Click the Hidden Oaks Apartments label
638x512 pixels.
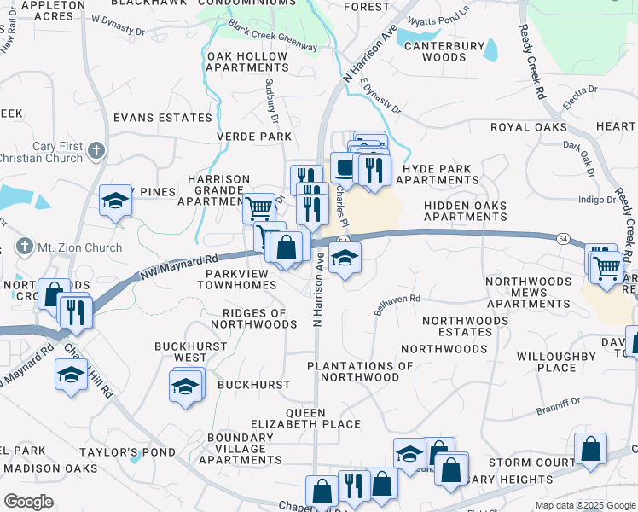(x=466, y=211)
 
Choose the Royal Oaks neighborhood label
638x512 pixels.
(x=529, y=127)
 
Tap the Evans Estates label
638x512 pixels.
(x=162, y=117)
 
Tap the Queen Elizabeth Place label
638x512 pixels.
(x=312, y=418)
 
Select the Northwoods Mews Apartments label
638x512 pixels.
(x=528, y=292)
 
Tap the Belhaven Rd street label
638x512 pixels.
(x=397, y=305)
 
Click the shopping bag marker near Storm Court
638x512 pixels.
(x=590, y=450)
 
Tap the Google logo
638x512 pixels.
(x=28, y=502)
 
